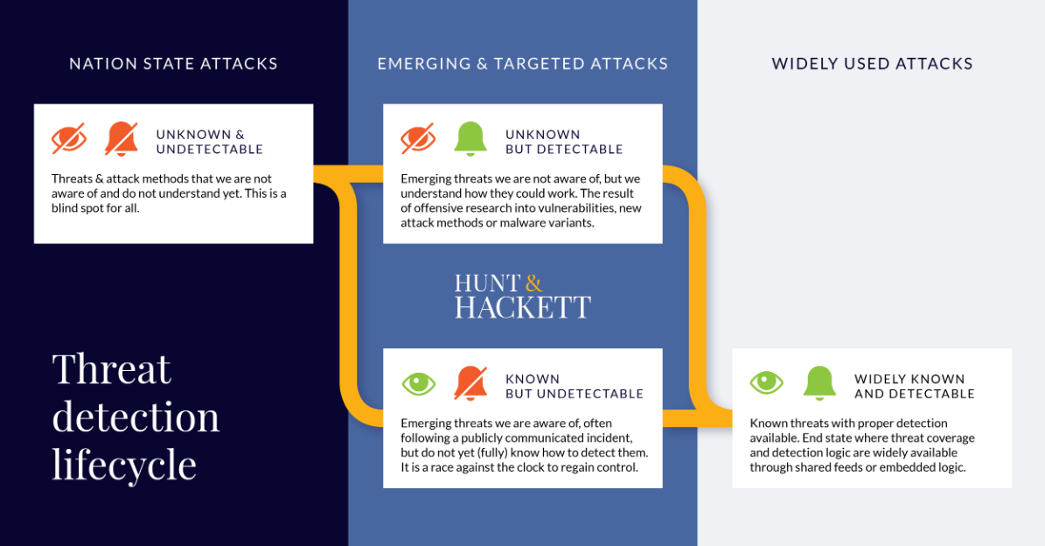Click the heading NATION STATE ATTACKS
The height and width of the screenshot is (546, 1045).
(x=173, y=64)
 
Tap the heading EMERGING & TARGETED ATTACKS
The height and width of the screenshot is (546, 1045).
(x=522, y=64)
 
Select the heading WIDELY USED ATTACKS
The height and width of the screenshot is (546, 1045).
(x=872, y=64)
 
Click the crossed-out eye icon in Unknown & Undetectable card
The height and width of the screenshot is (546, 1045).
(x=69, y=139)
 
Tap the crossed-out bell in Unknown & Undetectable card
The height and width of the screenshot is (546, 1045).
(x=122, y=139)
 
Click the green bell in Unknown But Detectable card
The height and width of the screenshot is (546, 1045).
(x=470, y=139)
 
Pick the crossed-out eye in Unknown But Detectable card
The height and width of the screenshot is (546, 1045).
(x=418, y=139)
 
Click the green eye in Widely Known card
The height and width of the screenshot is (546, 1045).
(x=767, y=383)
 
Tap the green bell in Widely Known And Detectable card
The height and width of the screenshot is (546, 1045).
(x=819, y=383)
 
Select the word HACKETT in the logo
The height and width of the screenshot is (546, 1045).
(x=522, y=307)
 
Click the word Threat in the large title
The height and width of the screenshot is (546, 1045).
(x=112, y=369)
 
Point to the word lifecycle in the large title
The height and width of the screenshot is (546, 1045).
(x=124, y=465)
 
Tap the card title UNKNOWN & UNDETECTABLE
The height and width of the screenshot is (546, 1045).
(x=210, y=142)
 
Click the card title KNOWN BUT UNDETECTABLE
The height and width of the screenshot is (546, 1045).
(x=574, y=387)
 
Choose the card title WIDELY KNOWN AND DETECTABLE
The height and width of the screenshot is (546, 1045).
(x=915, y=387)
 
